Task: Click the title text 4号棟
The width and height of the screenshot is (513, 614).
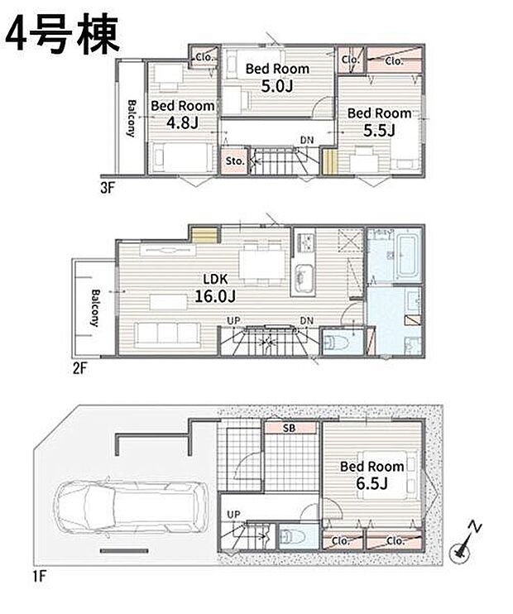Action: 65,34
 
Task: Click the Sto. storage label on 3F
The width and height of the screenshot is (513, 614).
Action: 235,161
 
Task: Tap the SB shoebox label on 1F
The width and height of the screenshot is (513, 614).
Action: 289,428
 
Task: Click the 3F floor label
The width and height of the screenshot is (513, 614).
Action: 108,186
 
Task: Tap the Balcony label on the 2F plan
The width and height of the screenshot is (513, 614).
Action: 96,307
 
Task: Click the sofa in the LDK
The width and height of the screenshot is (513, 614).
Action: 169,335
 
